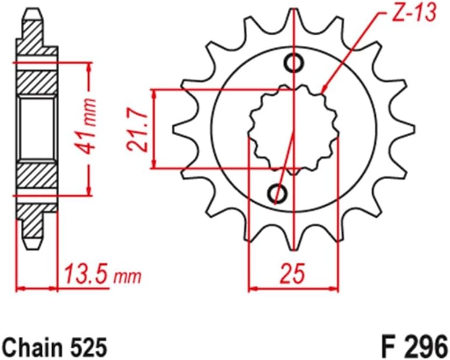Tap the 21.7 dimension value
137,129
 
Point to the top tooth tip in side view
34,13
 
